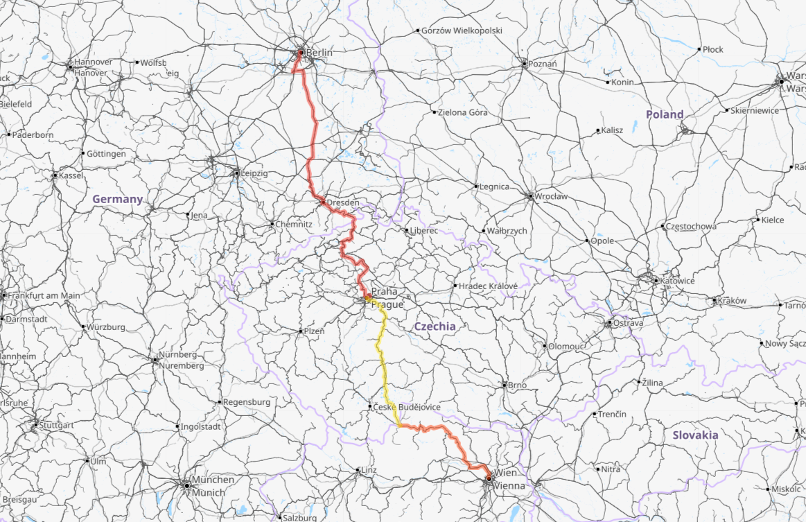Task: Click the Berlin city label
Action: [319, 53]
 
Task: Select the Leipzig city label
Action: [254, 173]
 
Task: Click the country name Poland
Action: [665, 114]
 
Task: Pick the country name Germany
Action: [117, 199]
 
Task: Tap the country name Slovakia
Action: [695, 435]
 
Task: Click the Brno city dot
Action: [505, 385]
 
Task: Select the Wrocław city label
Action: [551, 196]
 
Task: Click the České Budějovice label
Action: [407, 407]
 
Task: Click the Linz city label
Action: [369, 470]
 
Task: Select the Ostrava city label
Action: [629, 323]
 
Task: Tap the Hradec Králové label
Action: [488, 286]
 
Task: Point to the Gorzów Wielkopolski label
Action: [462, 31]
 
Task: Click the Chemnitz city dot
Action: [272, 224]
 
